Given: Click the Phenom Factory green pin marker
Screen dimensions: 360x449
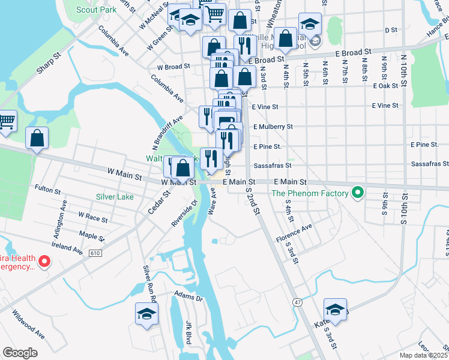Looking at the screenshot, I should coord(358,193).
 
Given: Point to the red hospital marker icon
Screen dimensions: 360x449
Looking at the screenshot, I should coord(44,261).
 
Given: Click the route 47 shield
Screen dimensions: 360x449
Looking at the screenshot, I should coord(298,302).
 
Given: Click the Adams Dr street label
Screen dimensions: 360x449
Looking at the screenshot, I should coord(188,297).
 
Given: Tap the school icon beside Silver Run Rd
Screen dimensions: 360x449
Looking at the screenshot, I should coord(146,314).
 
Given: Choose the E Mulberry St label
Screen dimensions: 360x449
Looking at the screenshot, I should coord(273,127).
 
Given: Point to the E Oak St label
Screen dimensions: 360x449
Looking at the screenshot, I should coord(385,86).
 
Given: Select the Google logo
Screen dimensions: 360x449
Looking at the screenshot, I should coord(20,353).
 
